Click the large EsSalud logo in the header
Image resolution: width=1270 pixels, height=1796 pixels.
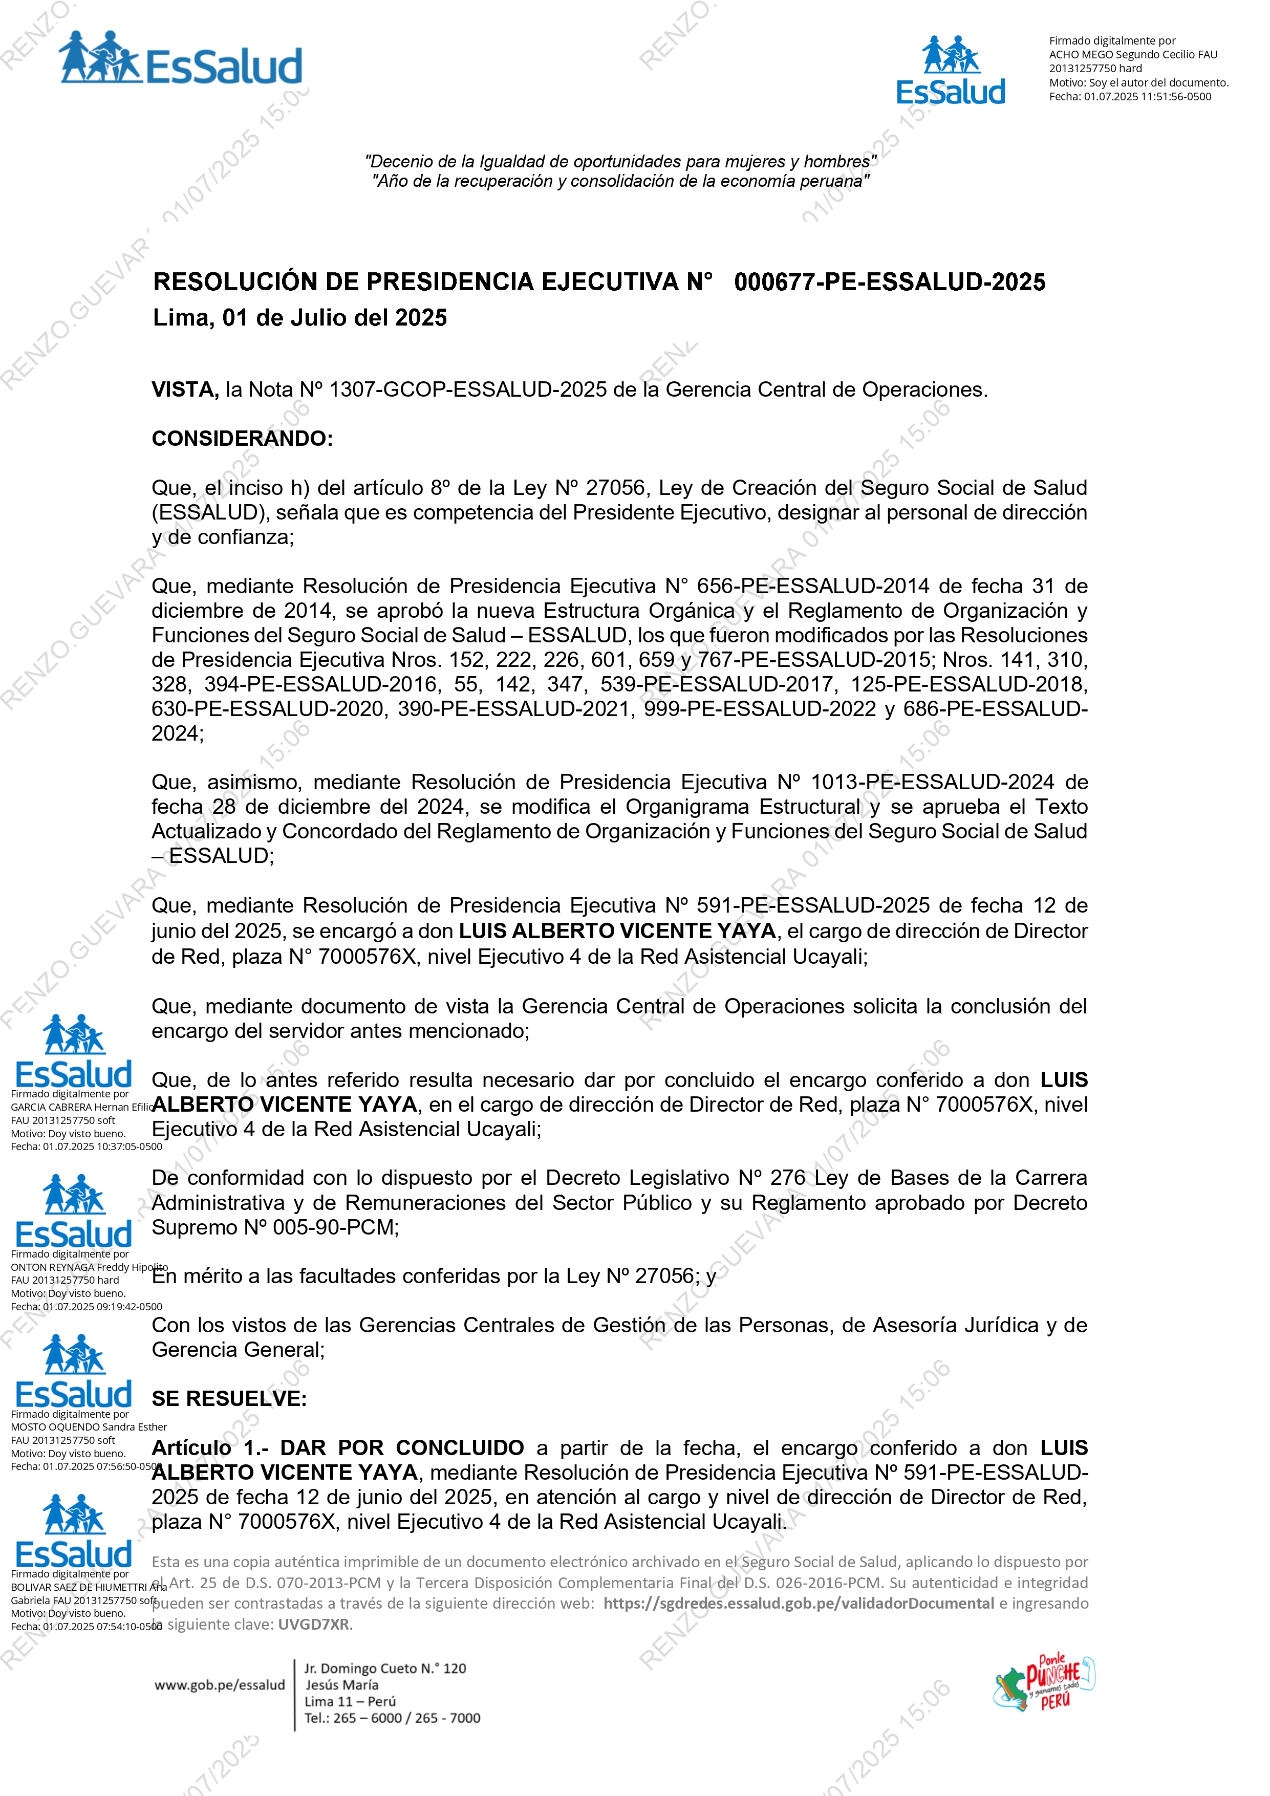click(181, 59)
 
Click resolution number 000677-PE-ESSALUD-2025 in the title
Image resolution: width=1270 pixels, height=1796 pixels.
click(889, 283)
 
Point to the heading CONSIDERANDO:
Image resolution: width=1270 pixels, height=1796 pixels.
click(242, 439)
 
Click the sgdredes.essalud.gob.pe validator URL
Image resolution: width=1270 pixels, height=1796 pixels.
click(798, 1604)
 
